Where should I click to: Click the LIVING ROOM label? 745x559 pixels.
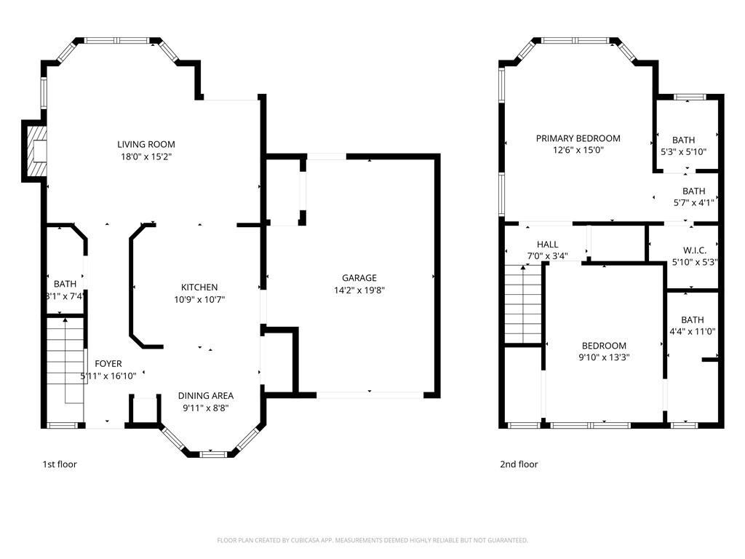[x=146, y=144]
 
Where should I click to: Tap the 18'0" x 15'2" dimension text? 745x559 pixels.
[x=146, y=156]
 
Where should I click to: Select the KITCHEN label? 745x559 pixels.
[x=199, y=287]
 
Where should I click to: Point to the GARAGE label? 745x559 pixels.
[x=359, y=277]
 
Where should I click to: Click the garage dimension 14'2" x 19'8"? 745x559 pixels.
[x=359, y=290]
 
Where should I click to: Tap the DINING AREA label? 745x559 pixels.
[x=206, y=395]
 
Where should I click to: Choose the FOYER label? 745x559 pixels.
[x=108, y=364]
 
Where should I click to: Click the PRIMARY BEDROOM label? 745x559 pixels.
[x=578, y=138]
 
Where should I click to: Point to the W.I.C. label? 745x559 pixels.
[x=695, y=250]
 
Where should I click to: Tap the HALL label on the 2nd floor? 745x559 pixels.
[x=547, y=245]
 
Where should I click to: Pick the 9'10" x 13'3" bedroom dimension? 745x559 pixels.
[x=604, y=357]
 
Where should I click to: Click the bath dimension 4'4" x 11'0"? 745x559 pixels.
[x=693, y=332]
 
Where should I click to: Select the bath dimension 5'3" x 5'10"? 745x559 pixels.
[x=684, y=152]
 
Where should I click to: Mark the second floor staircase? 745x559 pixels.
[x=523, y=304]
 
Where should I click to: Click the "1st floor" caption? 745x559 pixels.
[x=60, y=464]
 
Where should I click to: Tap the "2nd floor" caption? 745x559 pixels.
[x=519, y=464]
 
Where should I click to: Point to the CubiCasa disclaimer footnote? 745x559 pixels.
[x=372, y=540]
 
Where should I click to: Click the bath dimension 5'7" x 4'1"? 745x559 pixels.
[x=693, y=203]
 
